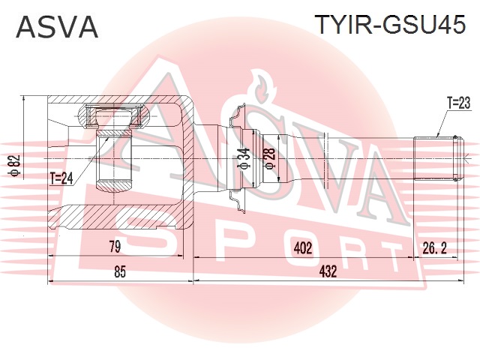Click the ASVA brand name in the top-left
click(x=57, y=27)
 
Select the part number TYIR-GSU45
click(x=390, y=24)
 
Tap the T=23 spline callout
click(x=458, y=103)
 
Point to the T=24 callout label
click(x=61, y=178)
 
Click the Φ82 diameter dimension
click(x=15, y=165)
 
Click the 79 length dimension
click(x=115, y=247)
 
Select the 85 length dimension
click(x=120, y=271)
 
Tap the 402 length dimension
click(x=302, y=248)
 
